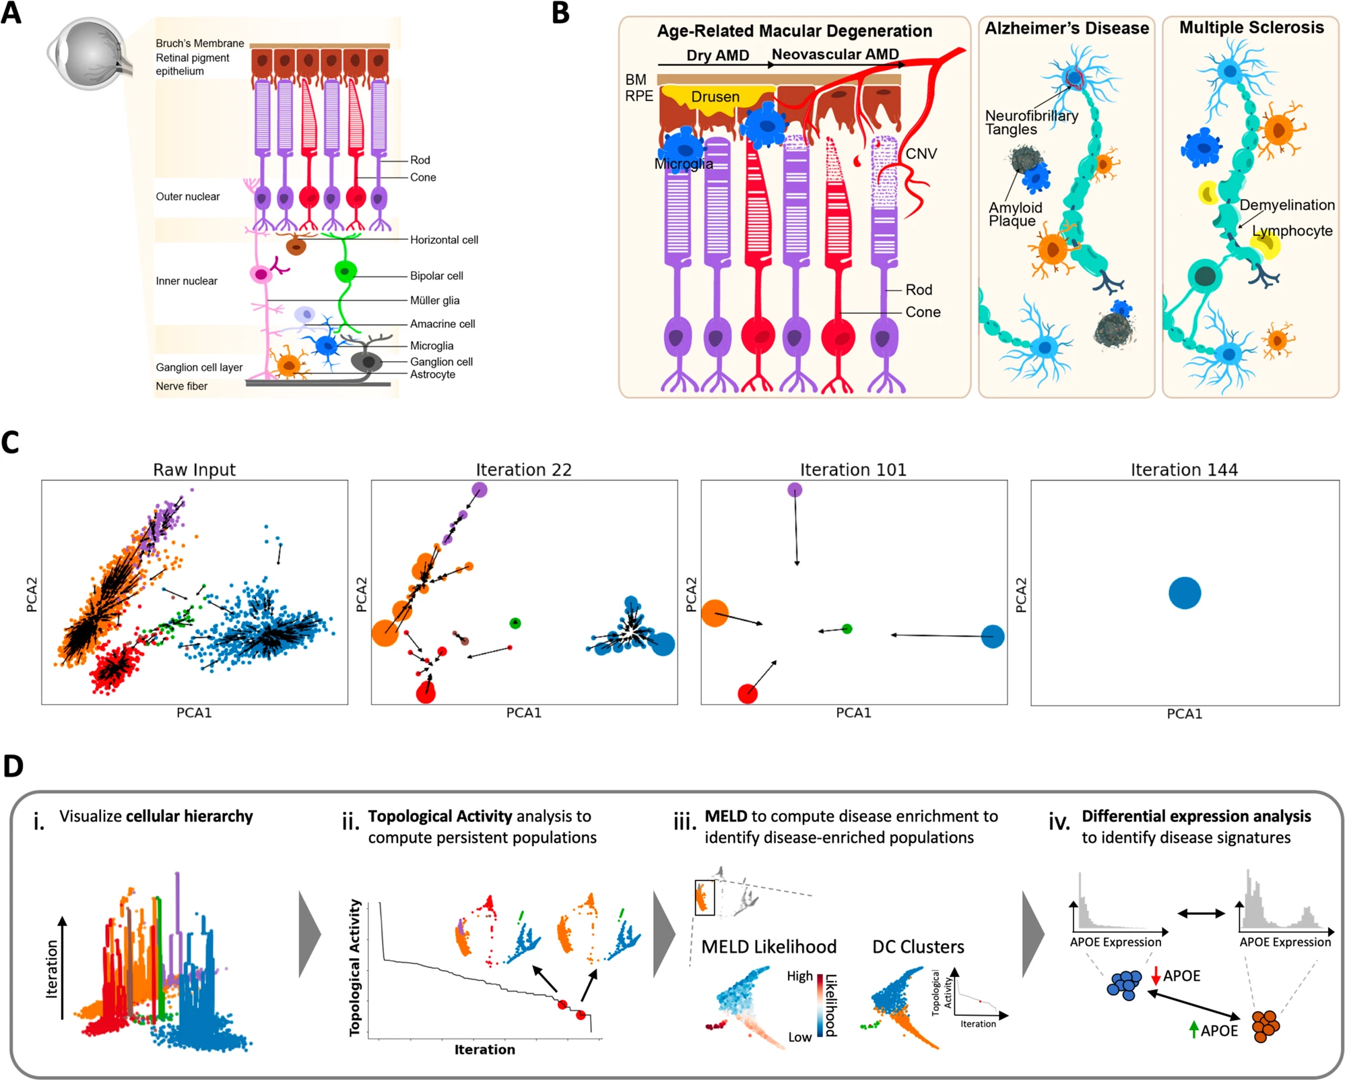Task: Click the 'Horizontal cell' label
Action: (x=444, y=240)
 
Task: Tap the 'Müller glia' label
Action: (x=434, y=300)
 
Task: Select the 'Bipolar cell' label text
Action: (x=436, y=276)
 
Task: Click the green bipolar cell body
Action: (x=346, y=271)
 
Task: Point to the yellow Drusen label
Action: (x=715, y=97)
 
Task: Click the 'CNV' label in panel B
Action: (x=921, y=154)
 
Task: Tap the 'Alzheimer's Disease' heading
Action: (x=1067, y=28)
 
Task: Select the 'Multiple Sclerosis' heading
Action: (x=1251, y=28)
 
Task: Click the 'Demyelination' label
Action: (x=1286, y=205)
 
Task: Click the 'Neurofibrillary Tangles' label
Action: (x=1030, y=123)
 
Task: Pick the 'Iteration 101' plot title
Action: (x=853, y=470)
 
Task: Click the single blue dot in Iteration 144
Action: (x=1185, y=593)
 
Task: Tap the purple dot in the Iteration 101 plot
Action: (x=795, y=490)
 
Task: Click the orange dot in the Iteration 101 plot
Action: (x=715, y=613)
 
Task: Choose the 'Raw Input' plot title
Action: (x=194, y=470)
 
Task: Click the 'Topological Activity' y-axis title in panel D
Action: (x=355, y=967)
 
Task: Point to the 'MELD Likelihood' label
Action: (x=768, y=947)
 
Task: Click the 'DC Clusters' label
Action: (x=918, y=947)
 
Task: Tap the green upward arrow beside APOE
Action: (x=1194, y=1029)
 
